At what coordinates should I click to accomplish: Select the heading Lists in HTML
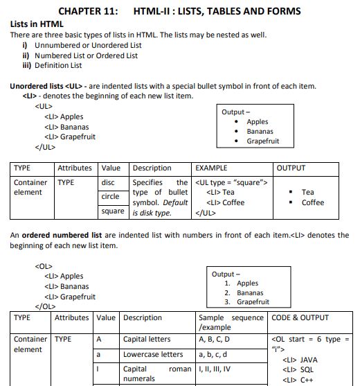coord(37,24)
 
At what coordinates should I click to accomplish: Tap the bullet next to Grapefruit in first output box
coord(238,141)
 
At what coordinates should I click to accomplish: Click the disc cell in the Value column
coord(109,183)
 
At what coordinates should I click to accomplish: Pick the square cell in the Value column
coord(113,211)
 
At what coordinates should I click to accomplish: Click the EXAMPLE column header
coord(212,168)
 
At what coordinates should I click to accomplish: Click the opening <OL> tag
coord(44,266)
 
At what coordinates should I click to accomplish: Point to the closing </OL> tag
coord(45,306)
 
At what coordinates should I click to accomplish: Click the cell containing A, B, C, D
coord(214,340)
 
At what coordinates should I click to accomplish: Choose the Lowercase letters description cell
coord(153,354)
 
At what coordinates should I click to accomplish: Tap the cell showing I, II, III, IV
coord(219,369)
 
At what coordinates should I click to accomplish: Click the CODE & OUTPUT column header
coord(300,318)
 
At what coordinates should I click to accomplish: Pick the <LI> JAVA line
coord(300,360)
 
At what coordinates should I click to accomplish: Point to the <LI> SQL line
coord(298,370)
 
